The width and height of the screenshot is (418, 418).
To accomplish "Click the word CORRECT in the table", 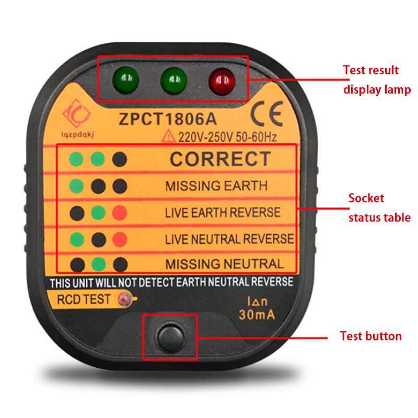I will [220, 159].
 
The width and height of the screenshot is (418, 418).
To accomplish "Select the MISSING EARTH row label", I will [216, 186].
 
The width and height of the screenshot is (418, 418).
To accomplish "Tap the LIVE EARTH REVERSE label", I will [223, 213].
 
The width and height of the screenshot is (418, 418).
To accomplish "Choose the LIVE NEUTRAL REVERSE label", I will [229, 239].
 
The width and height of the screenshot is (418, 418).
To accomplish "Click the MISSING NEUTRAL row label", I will [225, 264].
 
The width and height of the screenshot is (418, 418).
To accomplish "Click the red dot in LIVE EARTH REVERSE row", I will [120, 213].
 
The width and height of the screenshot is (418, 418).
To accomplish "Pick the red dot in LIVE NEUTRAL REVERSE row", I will [120, 239].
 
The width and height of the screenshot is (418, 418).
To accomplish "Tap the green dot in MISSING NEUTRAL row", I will [98, 264].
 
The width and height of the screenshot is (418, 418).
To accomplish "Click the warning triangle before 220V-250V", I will [169, 137].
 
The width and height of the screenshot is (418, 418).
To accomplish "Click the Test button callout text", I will [370, 336].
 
